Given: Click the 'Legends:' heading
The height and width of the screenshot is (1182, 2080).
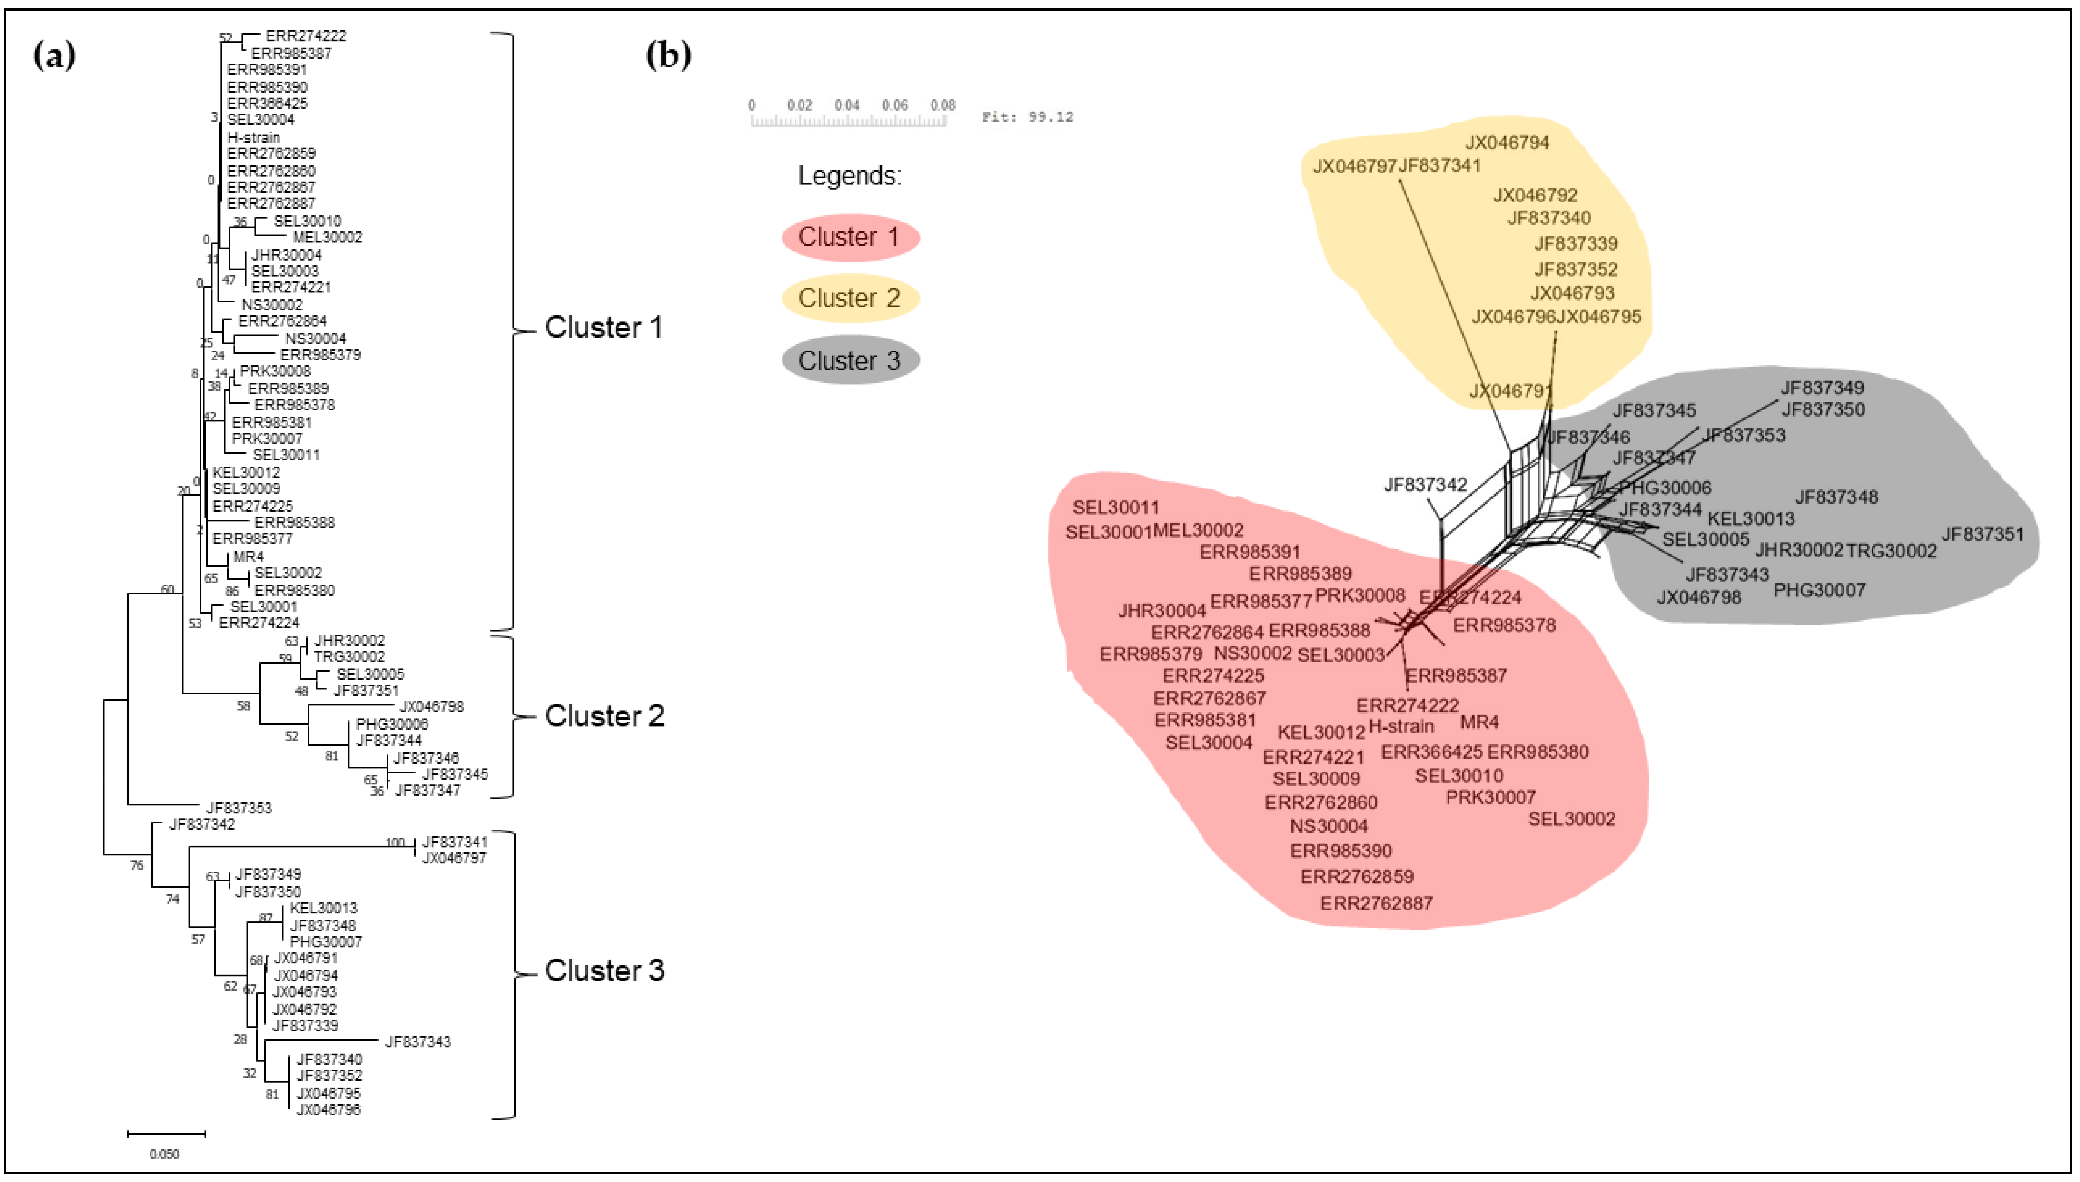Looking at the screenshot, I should [849, 175].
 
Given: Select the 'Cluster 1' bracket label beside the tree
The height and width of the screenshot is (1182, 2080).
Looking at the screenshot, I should [604, 327].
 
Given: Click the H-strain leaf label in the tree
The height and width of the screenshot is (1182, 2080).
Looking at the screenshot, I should [253, 137].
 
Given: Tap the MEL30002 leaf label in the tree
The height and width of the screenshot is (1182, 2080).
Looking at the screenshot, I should [327, 237].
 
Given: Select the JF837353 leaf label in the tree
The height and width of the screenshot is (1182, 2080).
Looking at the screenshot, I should [239, 808].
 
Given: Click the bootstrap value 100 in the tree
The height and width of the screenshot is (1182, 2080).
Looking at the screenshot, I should [395, 842].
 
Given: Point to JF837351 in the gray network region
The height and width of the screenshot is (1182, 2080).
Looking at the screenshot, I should [1982, 534].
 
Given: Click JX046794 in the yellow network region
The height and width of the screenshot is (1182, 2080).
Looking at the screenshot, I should [1507, 143].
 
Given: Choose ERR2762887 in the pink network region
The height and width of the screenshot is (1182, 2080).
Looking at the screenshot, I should [1376, 903].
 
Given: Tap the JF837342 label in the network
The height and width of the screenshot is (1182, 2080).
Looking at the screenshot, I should [1425, 485].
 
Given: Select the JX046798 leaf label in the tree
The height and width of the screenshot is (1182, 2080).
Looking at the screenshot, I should [431, 706].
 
